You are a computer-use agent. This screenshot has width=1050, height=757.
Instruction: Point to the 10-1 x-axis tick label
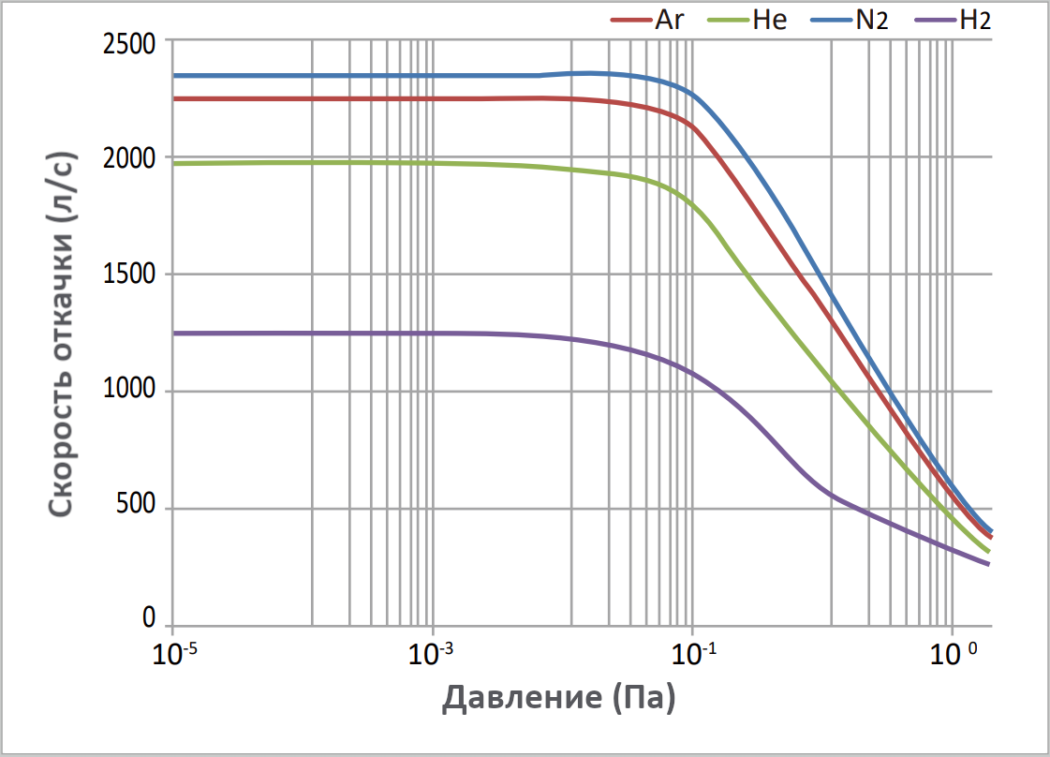[x=692, y=653]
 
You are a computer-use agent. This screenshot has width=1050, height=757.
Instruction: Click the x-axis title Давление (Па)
[x=559, y=698]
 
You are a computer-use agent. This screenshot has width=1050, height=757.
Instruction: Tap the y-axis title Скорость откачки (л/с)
[x=61, y=332]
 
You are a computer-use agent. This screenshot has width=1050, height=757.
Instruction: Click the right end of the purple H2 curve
[x=989, y=564]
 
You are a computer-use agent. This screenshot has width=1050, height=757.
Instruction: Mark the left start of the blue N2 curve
[x=174, y=75]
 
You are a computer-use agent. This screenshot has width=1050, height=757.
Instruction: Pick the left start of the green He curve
[x=174, y=163]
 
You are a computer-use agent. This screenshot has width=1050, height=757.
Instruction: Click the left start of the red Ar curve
[x=174, y=98]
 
